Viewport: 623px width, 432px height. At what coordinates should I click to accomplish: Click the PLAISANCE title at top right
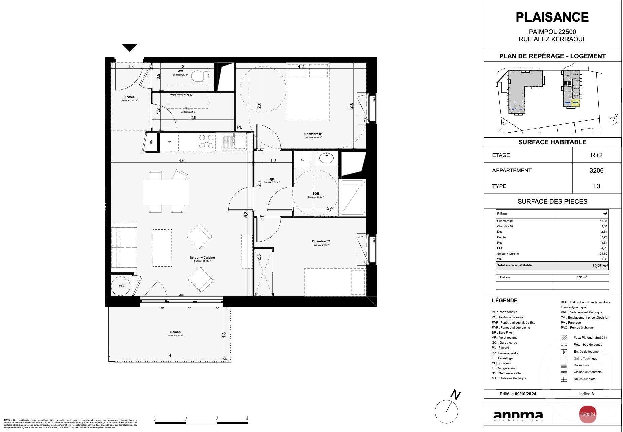pos(552,17)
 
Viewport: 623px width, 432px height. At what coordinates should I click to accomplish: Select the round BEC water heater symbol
pos(121,286)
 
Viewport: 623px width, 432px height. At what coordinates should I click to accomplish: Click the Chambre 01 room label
pos(313,134)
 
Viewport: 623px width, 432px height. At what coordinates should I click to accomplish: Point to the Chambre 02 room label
pos(321,241)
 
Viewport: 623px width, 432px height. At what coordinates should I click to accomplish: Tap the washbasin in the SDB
pos(326,157)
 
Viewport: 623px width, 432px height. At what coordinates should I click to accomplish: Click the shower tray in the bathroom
pos(352,198)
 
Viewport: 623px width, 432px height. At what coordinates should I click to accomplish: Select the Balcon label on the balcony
pos(175,332)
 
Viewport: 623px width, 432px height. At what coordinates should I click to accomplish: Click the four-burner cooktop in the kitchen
pos(206,141)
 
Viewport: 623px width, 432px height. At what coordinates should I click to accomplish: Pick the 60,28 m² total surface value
pos(599,266)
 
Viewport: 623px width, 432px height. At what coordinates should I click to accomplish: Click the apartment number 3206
pos(596,171)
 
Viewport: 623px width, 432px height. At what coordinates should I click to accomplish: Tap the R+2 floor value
pos(596,155)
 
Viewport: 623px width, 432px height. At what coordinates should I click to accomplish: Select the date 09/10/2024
pos(525,394)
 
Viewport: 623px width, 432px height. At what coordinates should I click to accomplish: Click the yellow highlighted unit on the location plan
pos(575,104)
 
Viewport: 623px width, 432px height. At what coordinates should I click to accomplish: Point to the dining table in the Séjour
pos(166,192)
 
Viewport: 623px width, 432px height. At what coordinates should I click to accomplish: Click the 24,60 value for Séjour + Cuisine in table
pos(603,254)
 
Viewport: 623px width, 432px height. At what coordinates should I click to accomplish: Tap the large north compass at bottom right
pos(447,411)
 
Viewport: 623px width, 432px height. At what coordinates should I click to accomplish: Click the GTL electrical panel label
pos(150,142)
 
